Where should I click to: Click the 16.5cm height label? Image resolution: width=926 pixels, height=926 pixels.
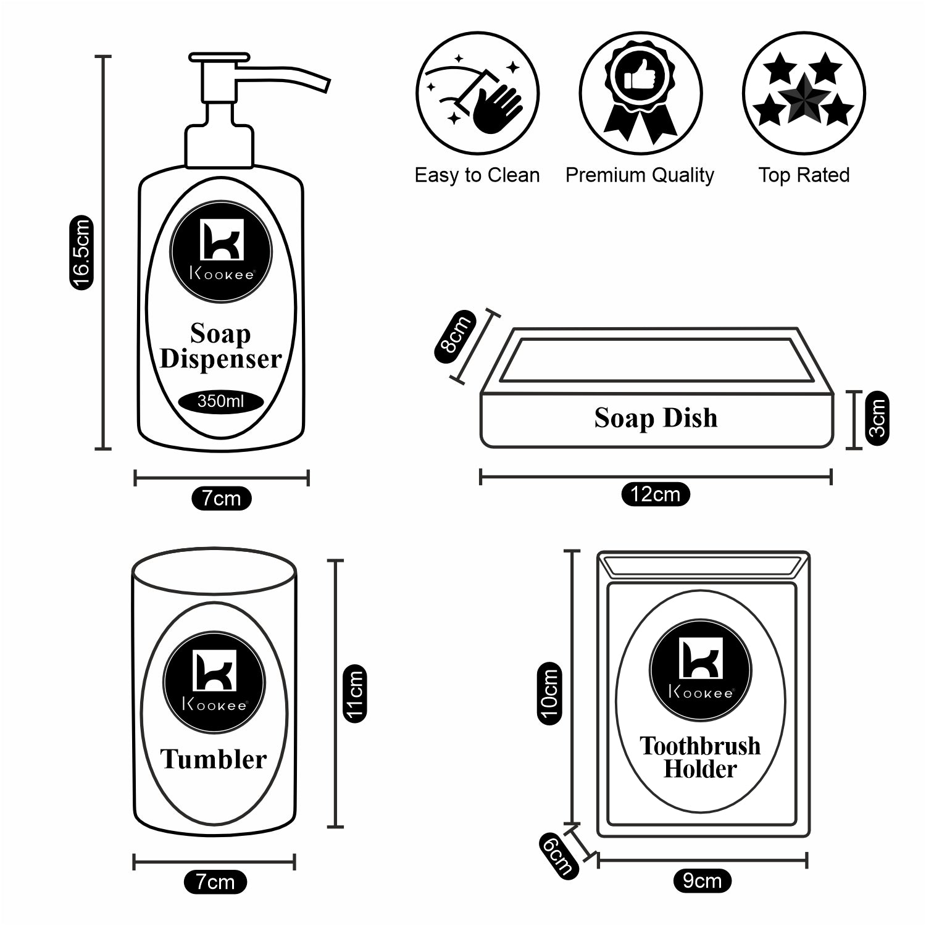(x=81, y=252)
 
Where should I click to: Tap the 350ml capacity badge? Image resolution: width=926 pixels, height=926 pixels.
(x=220, y=401)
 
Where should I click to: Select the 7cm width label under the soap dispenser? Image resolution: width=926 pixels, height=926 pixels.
(x=222, y=498)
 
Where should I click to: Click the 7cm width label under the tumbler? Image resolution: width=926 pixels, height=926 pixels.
(x=215, y=882)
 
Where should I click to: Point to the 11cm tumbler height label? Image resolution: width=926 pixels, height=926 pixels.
(x=355, y=692)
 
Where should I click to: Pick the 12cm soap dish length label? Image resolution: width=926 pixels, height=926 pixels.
(x=655, y=494)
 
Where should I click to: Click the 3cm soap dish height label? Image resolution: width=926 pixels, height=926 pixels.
(x=877, y=418)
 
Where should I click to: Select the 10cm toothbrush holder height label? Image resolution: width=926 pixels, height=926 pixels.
(x=549, y=693)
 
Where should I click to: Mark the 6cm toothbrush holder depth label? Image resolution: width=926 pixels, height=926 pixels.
(x=557, y=854)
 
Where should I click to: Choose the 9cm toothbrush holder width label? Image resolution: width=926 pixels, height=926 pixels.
(x=702, y=881)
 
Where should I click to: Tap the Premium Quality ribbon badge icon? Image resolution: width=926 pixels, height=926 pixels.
(x=640, y=93)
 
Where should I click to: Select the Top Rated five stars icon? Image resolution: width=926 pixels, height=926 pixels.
(x=803, y=93)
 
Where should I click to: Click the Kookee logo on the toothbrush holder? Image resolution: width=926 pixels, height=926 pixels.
(x=701, y=670)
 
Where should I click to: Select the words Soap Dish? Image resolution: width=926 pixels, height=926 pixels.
(x=656, y=418)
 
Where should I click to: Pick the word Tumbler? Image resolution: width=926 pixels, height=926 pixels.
(x=214, y=759)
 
